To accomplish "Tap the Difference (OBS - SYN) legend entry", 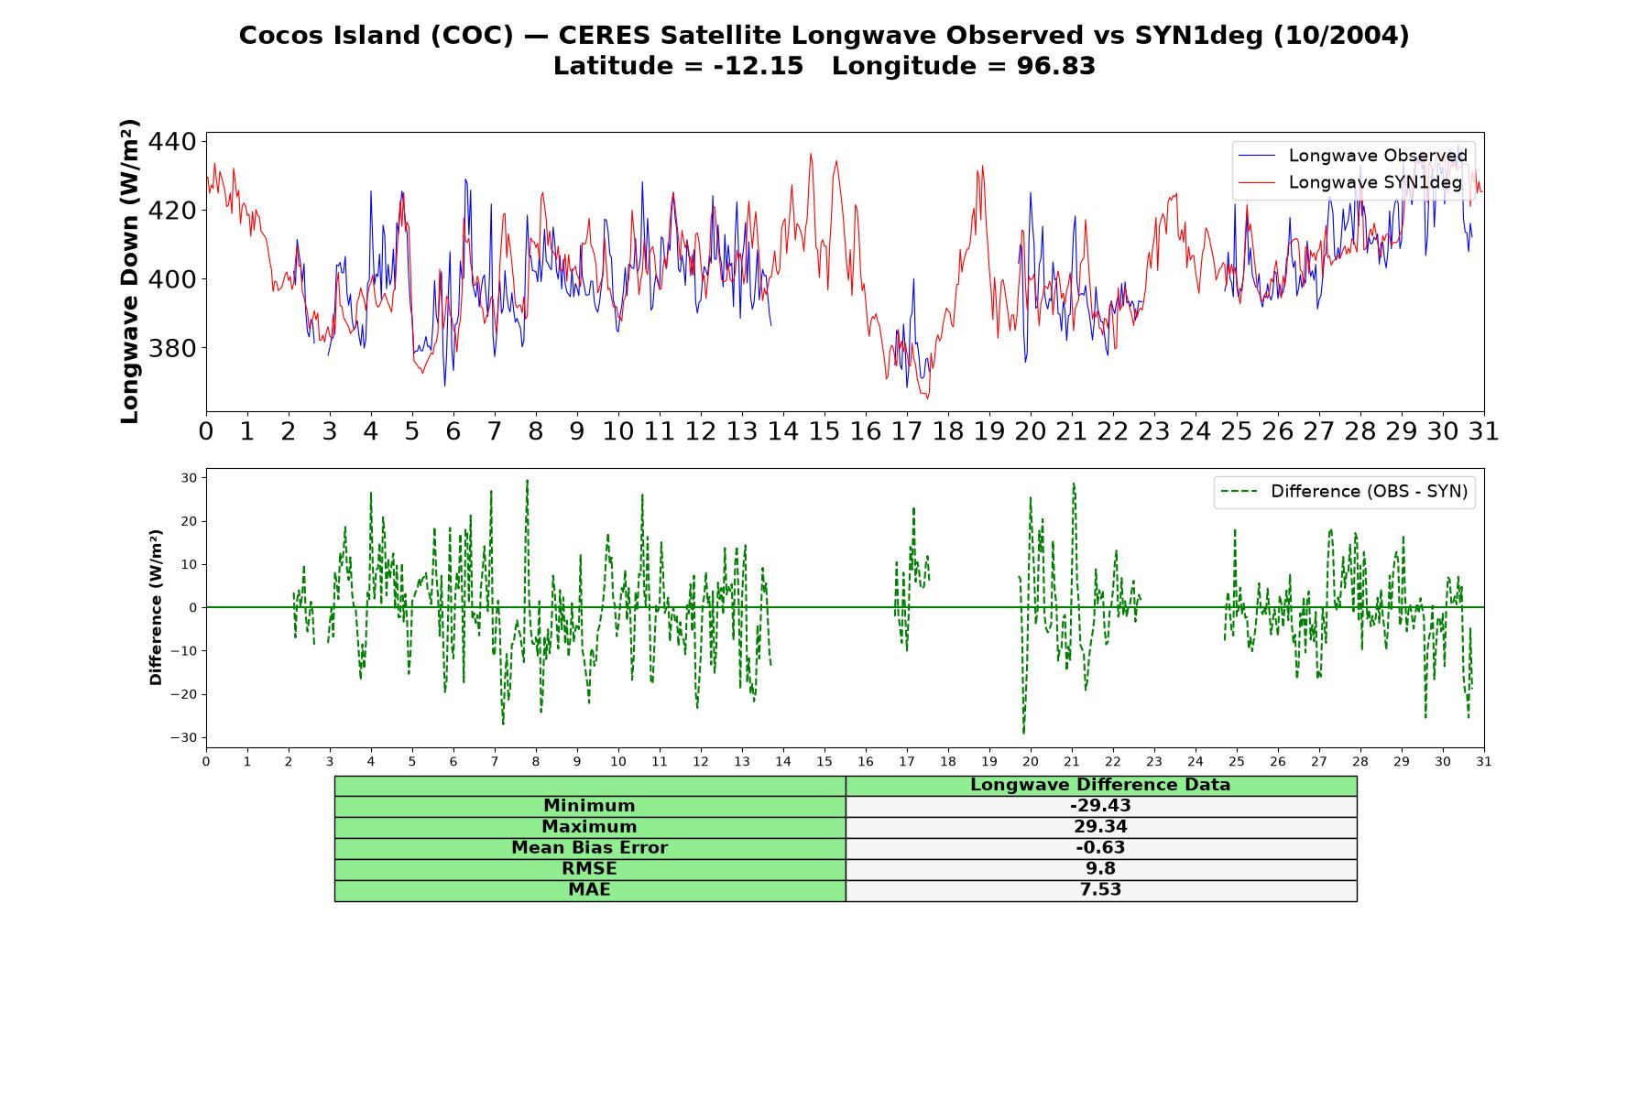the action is tap(1345, 492).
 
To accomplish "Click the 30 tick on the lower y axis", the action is tap(189, 478).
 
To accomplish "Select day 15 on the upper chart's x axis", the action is tap(824, 431).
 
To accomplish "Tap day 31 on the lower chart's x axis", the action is tap(1484, 762).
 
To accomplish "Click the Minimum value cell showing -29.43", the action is tap(1100, 806).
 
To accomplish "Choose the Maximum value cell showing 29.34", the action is tap(1100, 827).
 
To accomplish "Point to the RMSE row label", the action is tap(589, 869).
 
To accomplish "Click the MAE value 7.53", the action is tap(1100, 890).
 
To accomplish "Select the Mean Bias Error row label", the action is tap(589, 848).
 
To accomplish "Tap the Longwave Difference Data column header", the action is tap(1100, 785).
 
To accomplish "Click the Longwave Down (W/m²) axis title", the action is tap(129, 271).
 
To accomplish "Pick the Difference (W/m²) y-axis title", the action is tap(156, 607).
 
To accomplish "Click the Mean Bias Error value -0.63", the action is tap(1100, 848).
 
